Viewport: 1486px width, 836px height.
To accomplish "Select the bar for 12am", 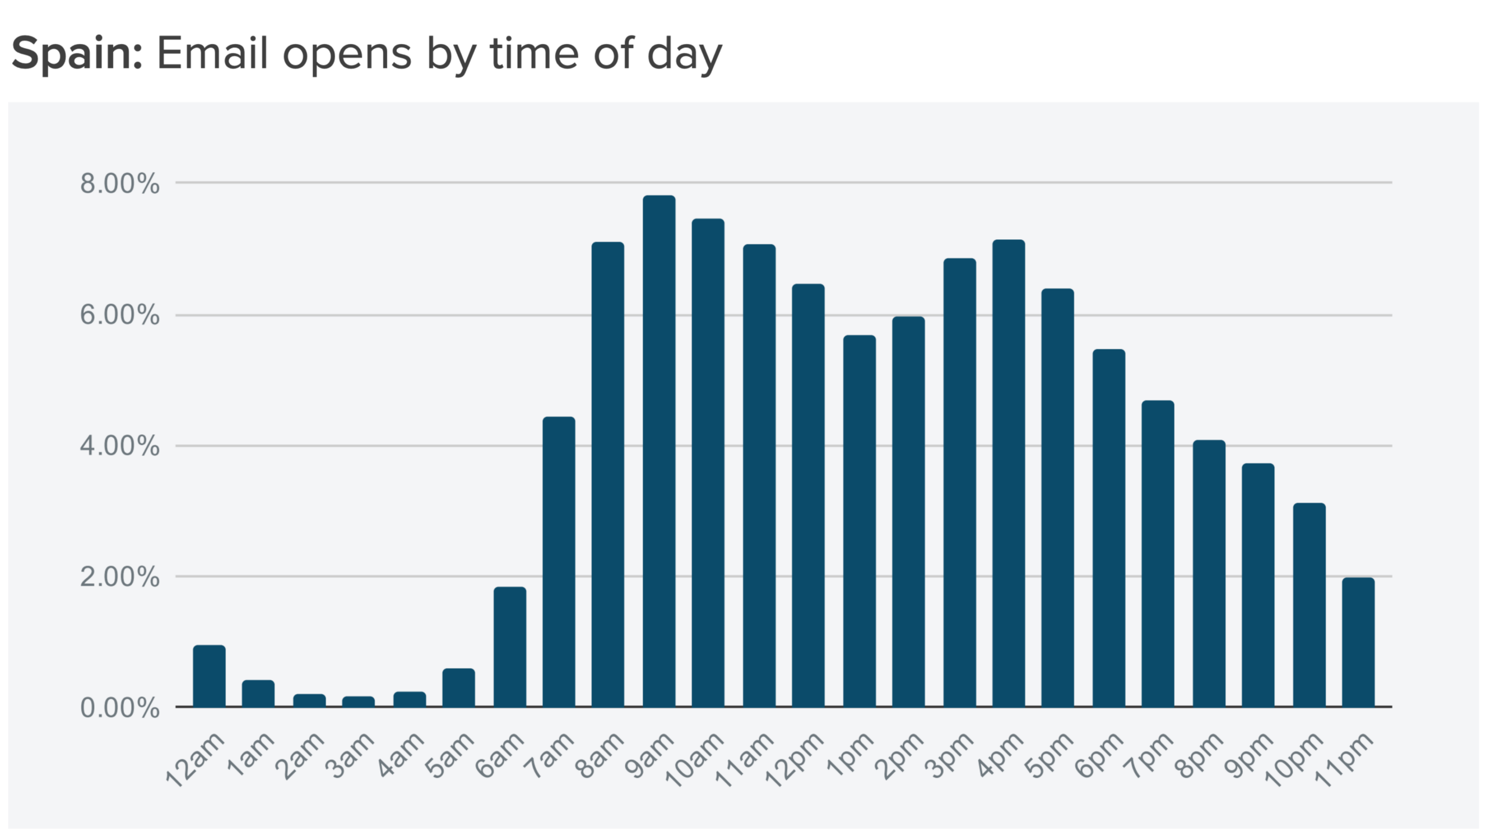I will [209, 676].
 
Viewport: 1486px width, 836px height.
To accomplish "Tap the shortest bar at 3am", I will [358, 701].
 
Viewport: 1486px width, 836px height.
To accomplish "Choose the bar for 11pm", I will [1358, 642].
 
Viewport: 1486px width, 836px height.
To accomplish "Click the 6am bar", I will [510, 647].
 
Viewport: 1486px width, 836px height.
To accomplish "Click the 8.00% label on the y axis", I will [120, 184].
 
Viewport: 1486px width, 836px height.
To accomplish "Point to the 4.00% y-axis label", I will [120, 446].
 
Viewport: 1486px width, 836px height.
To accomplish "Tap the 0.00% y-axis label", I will [120, 708].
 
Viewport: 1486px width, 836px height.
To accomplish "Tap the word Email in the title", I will [212, 53].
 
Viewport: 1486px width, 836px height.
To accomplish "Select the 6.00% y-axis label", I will [120, 316].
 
